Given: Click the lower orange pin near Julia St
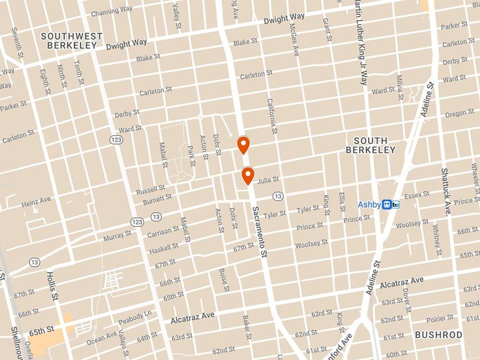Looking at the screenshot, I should [x=247, y=175].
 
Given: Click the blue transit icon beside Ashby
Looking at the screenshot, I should [x=391, y=205].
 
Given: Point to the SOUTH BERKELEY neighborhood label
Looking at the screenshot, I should [x=375, y=145].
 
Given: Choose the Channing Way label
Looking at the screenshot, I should [x=111, y=11].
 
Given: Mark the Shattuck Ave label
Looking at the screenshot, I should [x=445, y=191].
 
